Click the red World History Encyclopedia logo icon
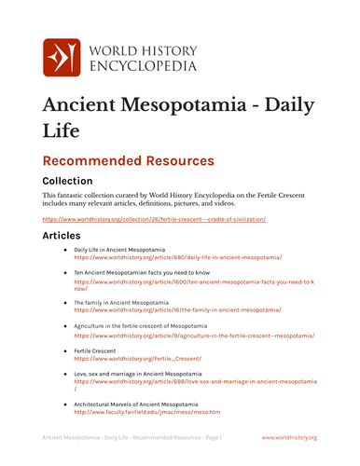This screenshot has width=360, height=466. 63,58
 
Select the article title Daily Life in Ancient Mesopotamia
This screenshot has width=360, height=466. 119,250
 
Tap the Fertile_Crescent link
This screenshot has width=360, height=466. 137,358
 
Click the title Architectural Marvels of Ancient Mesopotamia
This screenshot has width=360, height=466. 136,404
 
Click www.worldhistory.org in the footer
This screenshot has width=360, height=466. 289,437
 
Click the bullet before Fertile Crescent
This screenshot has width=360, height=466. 64,350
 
